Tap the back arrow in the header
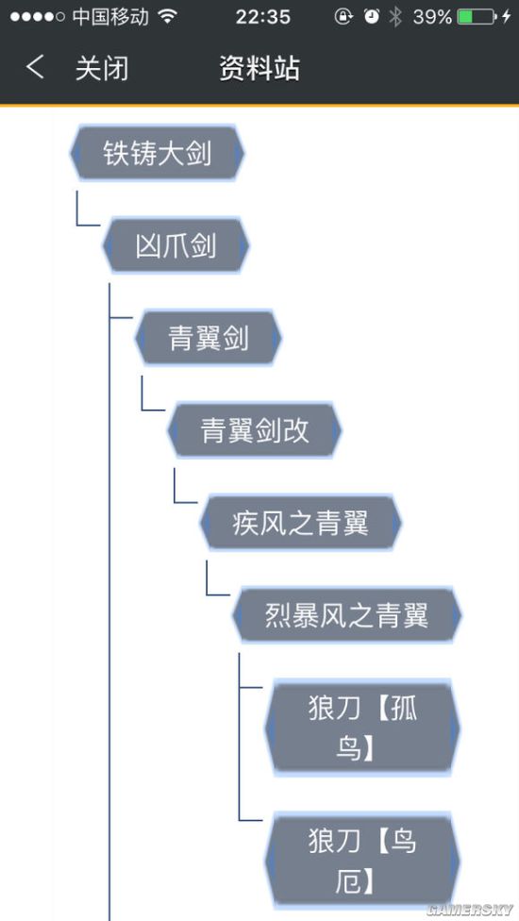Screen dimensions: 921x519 (x=35, y=68)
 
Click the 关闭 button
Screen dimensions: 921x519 (x=102, y=68)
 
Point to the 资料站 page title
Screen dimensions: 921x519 (x=259, y=68)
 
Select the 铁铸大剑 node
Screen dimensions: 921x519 (x=158, y=154)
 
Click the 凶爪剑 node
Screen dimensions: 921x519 (x=176, y=246)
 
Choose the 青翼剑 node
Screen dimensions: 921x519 (x=209, y=338)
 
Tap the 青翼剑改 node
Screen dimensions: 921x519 (x=255, y=430)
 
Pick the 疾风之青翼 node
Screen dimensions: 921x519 (x=300, y=522)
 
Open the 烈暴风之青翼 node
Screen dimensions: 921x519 (x=346, y=615)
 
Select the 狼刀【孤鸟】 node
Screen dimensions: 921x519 (x=362, y=728)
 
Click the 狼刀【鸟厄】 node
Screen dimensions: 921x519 (x=362, y=861)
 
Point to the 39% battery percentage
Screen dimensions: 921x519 (x=432, y=16)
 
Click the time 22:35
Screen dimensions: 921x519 (x=262, y=16)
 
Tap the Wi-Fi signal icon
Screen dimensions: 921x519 (x=168, y=16)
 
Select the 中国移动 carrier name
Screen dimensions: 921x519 (x=110, y=16)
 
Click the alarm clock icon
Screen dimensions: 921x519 (x=372, y=16)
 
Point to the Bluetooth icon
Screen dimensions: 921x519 (x=396, y=16)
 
